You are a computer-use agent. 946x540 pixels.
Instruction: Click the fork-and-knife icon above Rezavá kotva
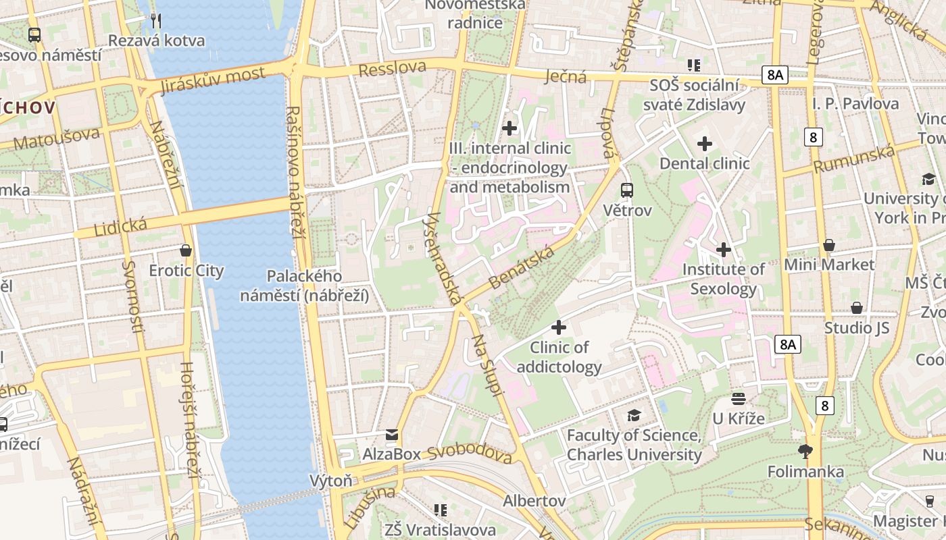pyautogui.click(x=156, y=20)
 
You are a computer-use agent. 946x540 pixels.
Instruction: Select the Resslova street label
pyautogui.click(x=392, y=68)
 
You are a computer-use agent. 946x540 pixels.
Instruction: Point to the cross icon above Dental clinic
pyautogui.click(x=705, y=144)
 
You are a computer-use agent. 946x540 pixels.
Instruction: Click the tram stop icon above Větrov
pyautogui.click(x=627, y=190)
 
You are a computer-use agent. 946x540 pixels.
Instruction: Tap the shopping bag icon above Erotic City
pyautogui.click(x=186, y=250)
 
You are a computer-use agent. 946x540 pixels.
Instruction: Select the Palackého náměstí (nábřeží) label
pyautogui.click(x=304, y=286)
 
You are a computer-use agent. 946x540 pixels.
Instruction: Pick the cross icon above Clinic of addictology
pyautogui.click(x=559, y=328)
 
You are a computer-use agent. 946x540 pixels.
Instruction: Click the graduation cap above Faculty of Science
pyautogui.click(x=634, y=415)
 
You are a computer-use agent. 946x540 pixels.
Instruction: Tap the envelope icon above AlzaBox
pyautogui.click(x=392, y=434)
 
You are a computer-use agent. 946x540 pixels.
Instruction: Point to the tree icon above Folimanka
pyautogui.click(x=805, y=451)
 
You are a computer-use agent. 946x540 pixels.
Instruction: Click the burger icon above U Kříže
pyautogui.click(x=739, y=399)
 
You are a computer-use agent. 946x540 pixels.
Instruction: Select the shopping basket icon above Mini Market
pyautogui.click(x=829, y=245)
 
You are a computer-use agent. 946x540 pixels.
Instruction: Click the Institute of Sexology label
pyautogui.click(x=724, y=279)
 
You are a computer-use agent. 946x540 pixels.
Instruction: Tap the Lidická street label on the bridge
pyautogui.click(x=121, y=227)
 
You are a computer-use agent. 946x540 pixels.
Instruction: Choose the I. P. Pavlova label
pyautogui.click(x=855, y=103)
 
